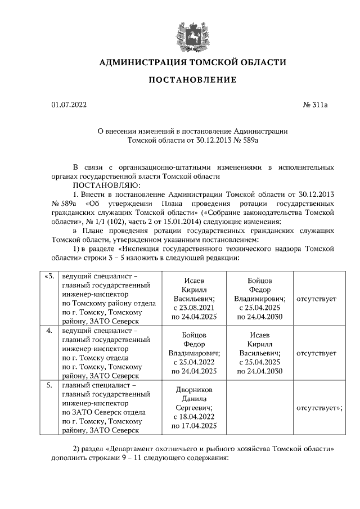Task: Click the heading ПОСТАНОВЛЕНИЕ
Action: pyautogui.click(x=192, y=80)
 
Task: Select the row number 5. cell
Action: pyautogui.click(x=49, y=385)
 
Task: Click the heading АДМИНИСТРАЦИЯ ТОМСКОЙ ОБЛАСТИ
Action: pyautogui.click(x=192, y=62)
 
